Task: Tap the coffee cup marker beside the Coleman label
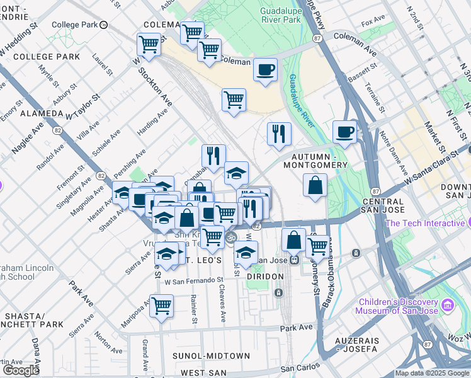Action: coord(266,69)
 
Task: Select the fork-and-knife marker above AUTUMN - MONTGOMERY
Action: coord(278,134)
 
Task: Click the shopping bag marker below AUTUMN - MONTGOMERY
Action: coord(315,186)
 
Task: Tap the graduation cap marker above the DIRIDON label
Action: coord(246,253)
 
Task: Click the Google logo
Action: coord(21,370)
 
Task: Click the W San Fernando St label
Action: coord(194,280)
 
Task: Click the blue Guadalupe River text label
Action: coord(302,101)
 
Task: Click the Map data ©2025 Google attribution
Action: coord(432,373)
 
